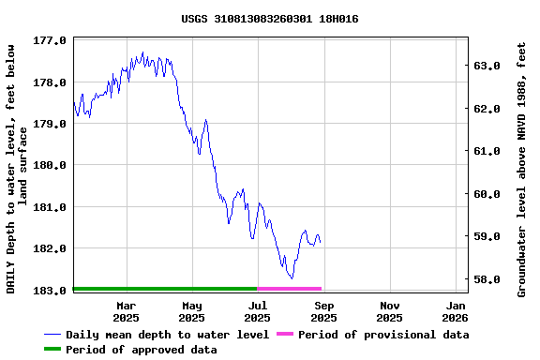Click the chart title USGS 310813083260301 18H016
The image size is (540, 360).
(269, 19)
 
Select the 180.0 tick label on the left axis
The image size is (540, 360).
(50, 165)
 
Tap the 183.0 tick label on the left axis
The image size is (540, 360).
(50, 290)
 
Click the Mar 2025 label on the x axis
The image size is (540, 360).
(126, 311)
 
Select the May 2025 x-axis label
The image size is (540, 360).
(191, 311)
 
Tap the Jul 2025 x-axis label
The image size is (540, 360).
(258, 311)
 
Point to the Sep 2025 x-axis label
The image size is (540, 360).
(323, 311)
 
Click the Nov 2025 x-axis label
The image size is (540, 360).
(390, 311)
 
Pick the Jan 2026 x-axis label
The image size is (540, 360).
(456, 311)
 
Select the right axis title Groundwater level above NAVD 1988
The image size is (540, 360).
(521, 169)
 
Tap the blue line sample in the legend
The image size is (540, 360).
(52, 335)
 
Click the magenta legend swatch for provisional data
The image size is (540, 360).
(284, 335)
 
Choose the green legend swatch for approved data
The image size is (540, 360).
(52, 350)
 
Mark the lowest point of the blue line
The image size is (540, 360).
(292, 278)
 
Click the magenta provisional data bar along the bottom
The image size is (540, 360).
(290, 289)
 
